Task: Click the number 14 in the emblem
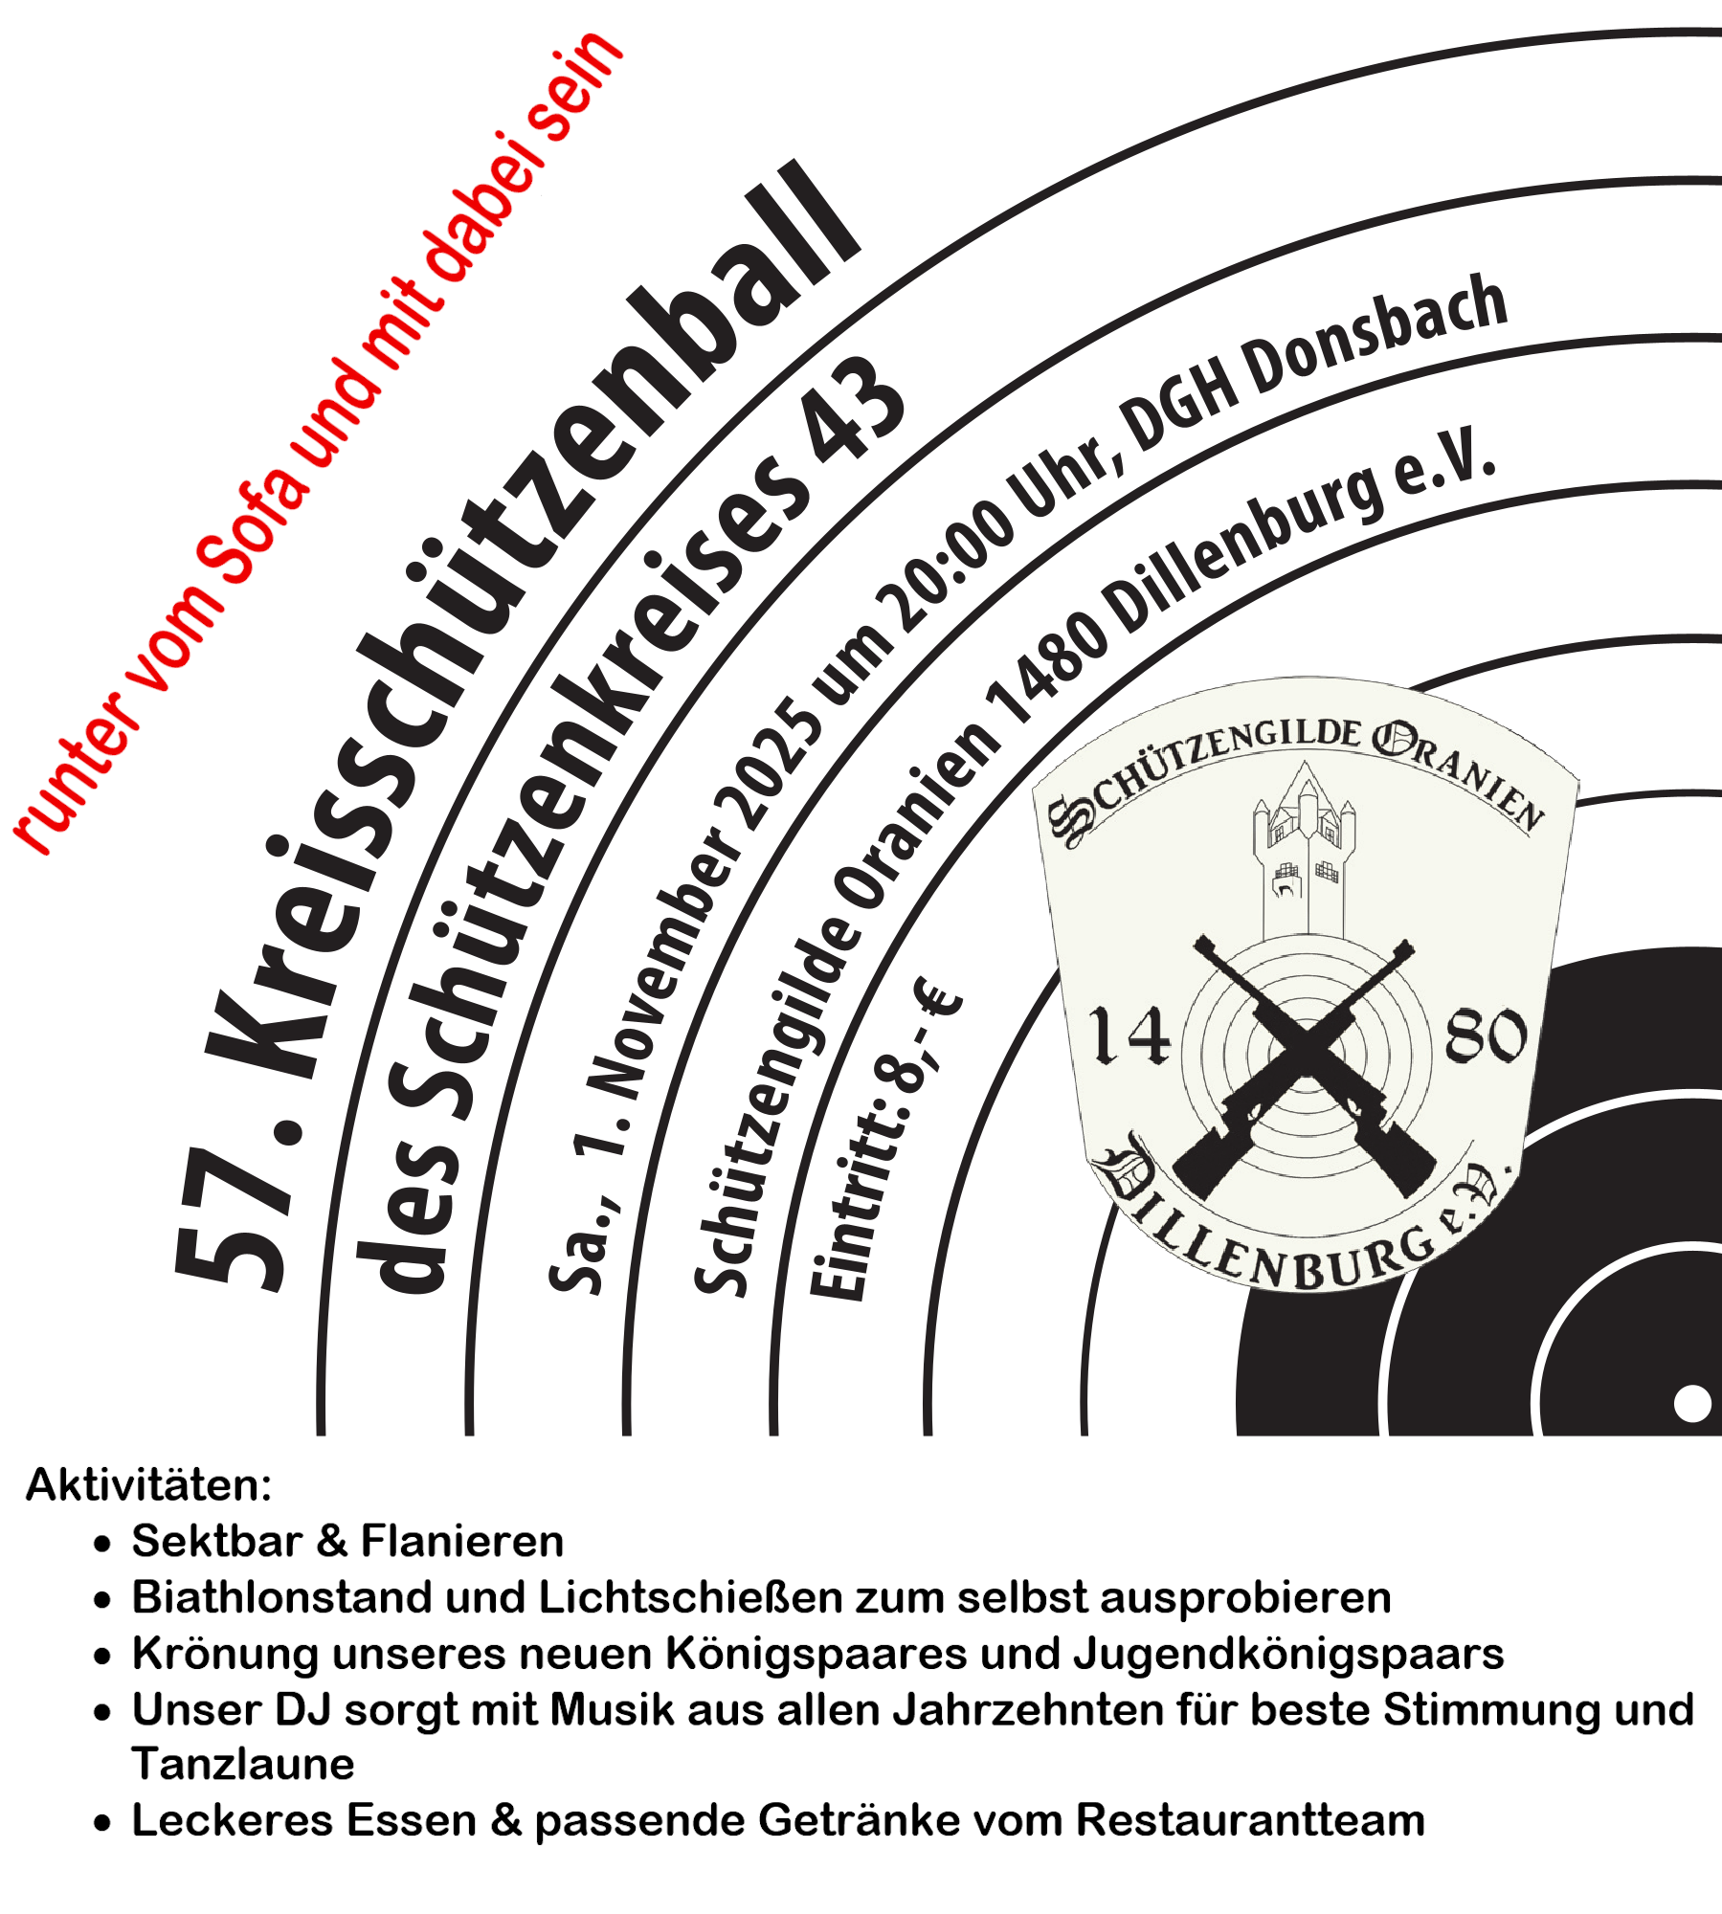point(1129,1035)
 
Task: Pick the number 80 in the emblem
point(1485,1035)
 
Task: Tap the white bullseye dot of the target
point(1691,1404)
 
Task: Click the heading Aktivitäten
point(148,1485)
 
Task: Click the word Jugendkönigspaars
point(1287,1653)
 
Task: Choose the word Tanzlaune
point(243,1763)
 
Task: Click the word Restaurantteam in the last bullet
point(1250,1819)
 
